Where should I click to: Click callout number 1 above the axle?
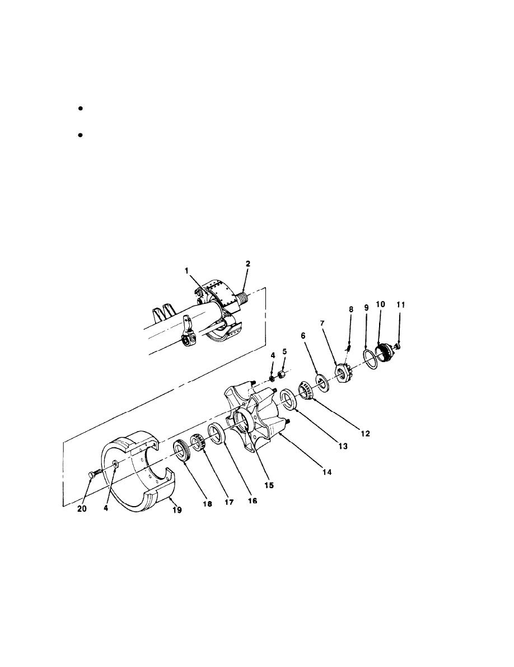pos(186,271)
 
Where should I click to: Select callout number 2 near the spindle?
pos(248,264)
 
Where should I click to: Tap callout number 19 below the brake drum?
pos(177,509)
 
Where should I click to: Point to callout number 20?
pos(82,509)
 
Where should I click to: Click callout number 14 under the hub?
pos(326,472)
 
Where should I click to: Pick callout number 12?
pos(365,433)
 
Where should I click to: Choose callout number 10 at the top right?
pos(381,304)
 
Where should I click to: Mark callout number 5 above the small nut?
pos(284,351)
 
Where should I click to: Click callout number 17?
pos(229,502)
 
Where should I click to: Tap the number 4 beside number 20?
pos(106,508)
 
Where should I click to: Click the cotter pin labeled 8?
pos(348,348)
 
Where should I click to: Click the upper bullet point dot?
pos(80,109)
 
